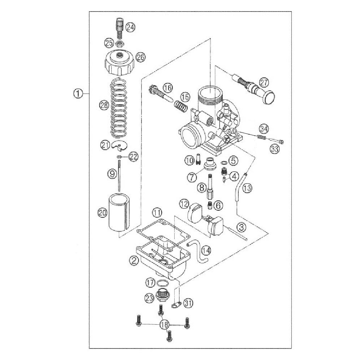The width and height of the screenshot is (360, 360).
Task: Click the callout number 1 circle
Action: (78, 94)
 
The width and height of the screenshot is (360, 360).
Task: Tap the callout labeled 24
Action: (131, 27)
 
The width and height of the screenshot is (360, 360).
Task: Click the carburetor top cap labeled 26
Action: (120, 63)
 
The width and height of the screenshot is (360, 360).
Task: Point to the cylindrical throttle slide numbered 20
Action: (119, 212)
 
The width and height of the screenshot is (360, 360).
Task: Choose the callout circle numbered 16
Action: (168, 87)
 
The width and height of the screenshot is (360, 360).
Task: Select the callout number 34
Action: (264, 129)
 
